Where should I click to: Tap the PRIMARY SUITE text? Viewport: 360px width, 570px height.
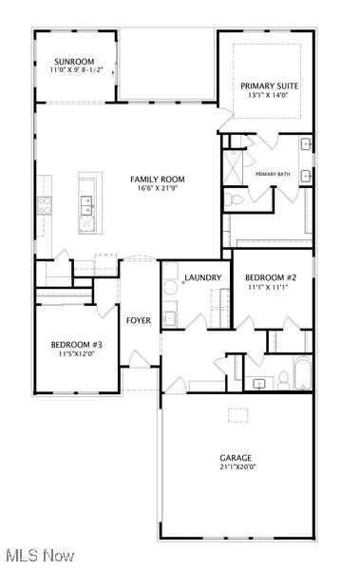pos(269,85)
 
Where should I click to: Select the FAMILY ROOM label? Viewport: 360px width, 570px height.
pos(158,179)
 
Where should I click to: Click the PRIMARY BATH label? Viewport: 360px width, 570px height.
pos(273,175)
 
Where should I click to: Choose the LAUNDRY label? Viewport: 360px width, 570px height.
pos(203,277)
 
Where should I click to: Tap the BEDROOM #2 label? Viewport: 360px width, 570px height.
pos(271,278)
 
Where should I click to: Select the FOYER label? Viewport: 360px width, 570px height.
pos(139,320)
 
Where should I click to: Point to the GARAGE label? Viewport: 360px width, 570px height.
pos(236,458)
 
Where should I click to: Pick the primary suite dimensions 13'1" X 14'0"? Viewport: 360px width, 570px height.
pos(269,95)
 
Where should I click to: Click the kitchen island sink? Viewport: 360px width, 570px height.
pos(86,201)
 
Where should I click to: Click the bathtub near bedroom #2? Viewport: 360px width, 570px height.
pos(301,374)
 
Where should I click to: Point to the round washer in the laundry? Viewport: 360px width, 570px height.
pos(170,285)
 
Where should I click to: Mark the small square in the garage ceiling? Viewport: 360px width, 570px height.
pos(234,412)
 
